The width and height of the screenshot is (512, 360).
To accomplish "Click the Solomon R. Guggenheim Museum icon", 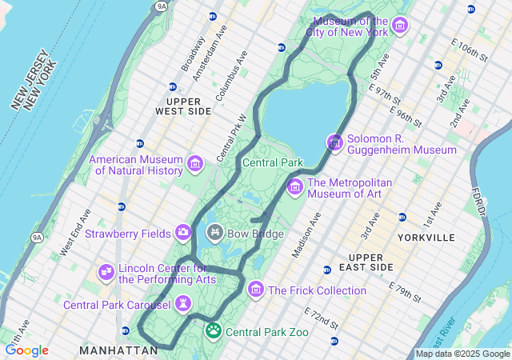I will pyautogui.click(x=334, y=143).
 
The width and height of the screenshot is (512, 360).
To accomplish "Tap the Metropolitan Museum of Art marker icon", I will pyautogui.click(x=294, y=187).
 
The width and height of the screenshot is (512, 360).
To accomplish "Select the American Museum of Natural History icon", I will pyautogui.click(x=194, y=165).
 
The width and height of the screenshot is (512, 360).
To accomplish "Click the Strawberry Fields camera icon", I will pyautogui.click(x=183, y=233).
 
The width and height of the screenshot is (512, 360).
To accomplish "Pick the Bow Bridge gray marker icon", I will pyautogui.click(x=214, y=233).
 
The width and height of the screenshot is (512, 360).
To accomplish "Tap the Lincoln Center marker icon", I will pyautogui.click(x=106, y=273).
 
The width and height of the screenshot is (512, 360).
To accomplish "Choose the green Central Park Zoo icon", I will pyautogui.click(x=214, y=330).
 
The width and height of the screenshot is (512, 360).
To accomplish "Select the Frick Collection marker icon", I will pyautogui.click(x=256, y=289).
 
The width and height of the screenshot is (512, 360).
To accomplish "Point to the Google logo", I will pyautogui.click(x=26, y=350).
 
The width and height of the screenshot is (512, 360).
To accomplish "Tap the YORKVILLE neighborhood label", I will pyautogui.click(x=426, y=238).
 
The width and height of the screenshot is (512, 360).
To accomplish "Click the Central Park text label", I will pyautogui.click(x=273, y=162).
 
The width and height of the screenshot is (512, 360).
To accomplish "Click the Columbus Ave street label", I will pyautogui.click(x=234, y=70).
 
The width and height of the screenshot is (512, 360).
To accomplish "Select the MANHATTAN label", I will pyautogui.click(x=118, y=350).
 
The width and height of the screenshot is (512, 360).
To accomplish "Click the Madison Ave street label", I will pyautogui.click(x=306, y=235).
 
